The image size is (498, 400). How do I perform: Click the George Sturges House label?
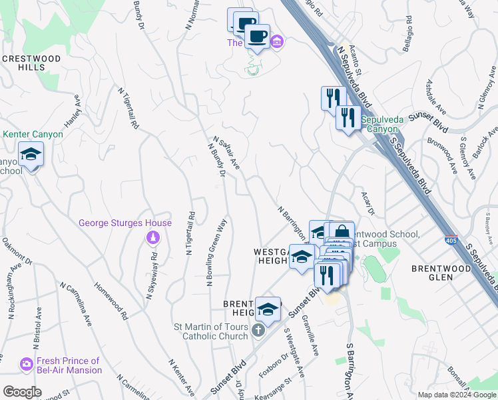point(125,223)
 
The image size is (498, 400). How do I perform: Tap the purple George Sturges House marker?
point(152,237)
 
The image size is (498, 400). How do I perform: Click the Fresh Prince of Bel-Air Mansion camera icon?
point(27,365)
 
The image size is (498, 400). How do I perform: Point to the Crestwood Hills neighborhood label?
point(31,63)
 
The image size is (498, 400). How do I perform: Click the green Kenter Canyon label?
point(33,134)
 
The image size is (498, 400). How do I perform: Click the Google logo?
point(21,392)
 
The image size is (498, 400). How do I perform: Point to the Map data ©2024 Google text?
point(456,394)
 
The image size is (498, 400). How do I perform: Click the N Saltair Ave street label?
point(226,152)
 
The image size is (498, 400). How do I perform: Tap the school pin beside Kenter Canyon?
point(30,155)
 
